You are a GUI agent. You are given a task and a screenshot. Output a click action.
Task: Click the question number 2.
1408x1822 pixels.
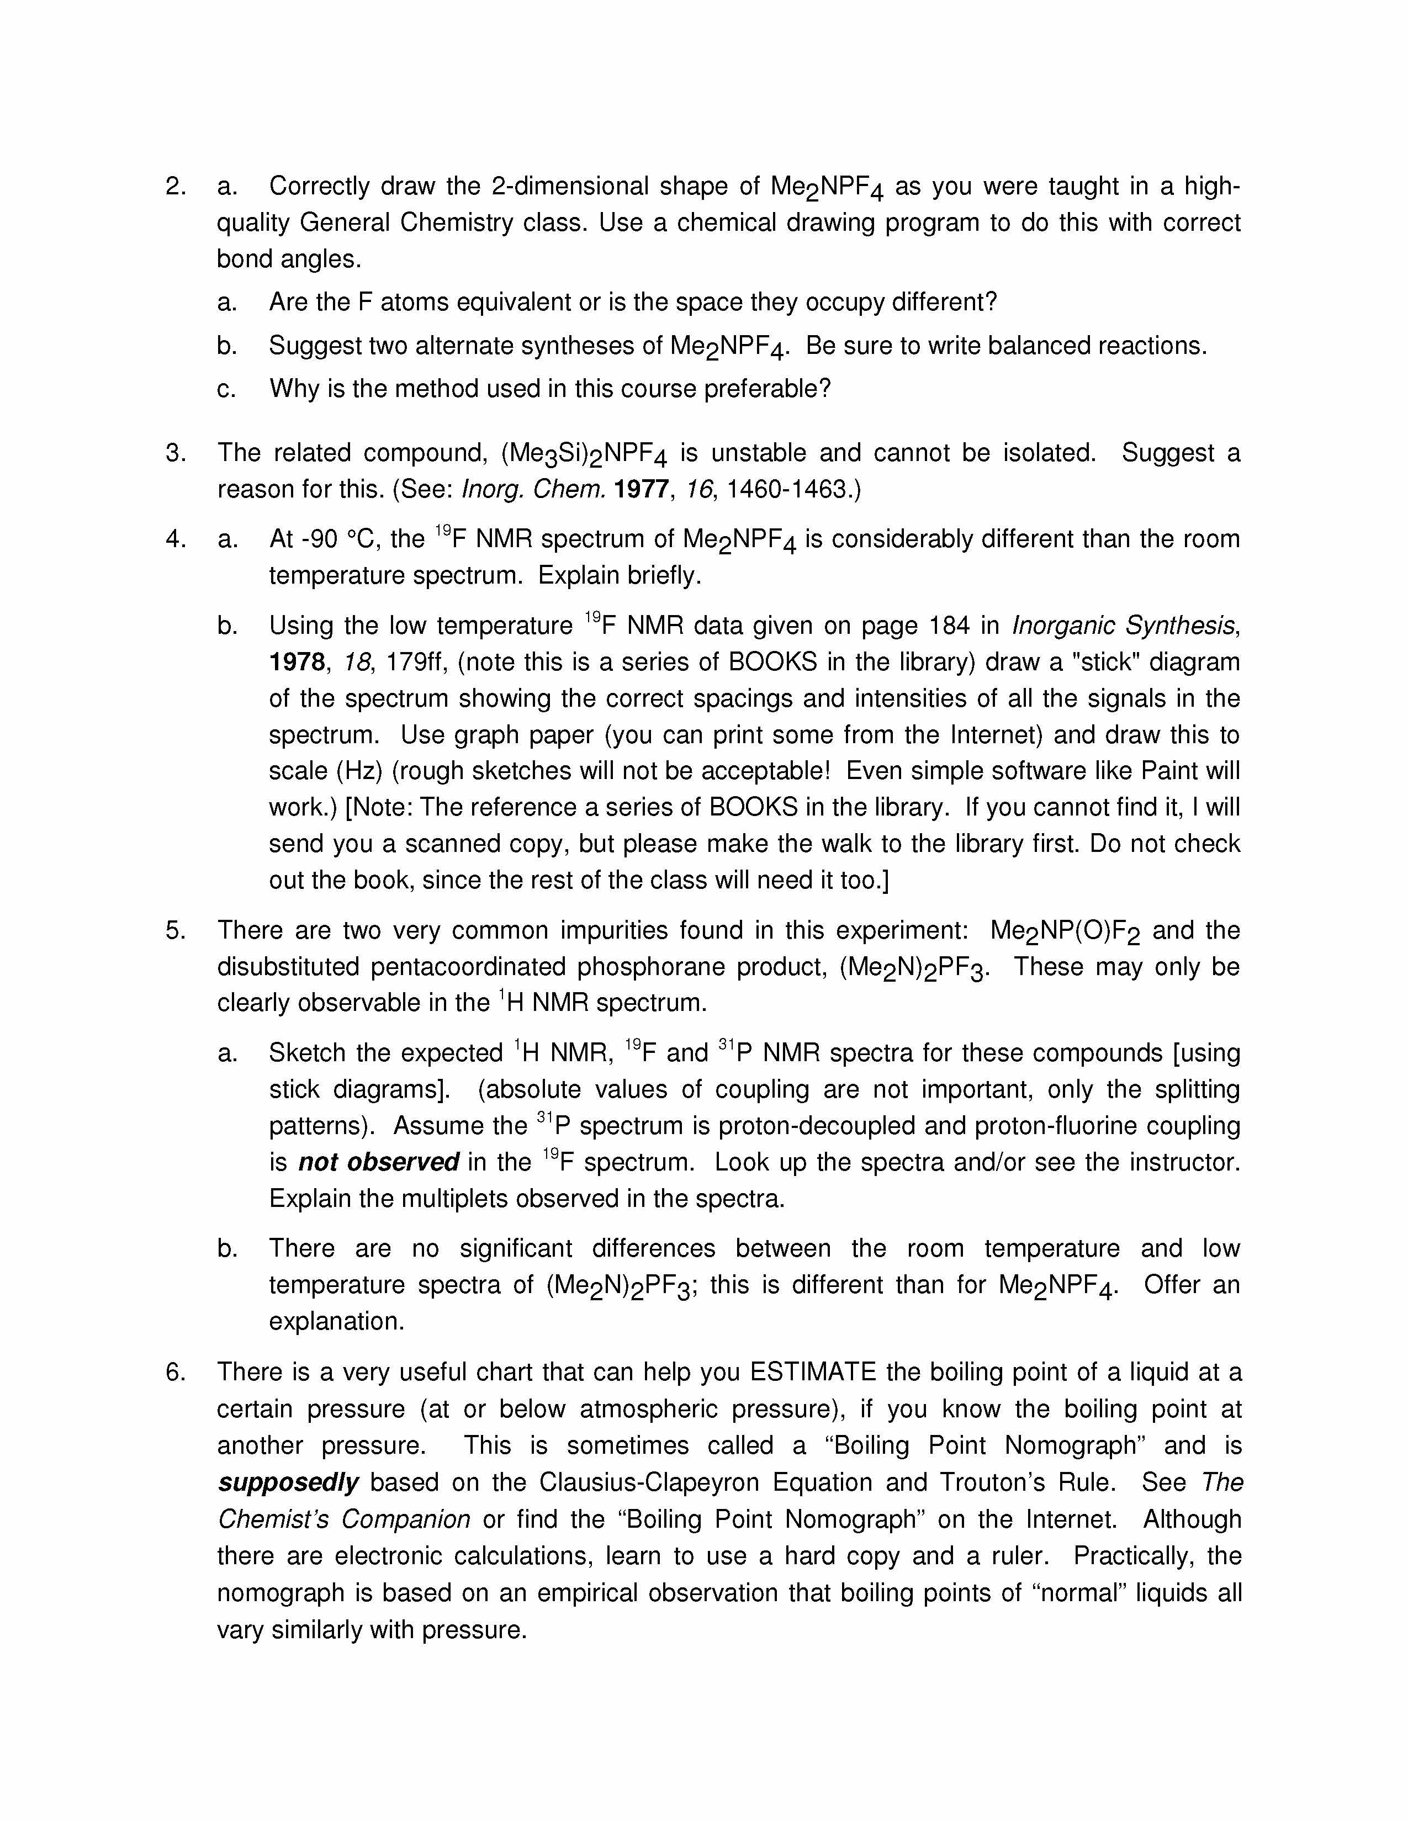click(174, 186)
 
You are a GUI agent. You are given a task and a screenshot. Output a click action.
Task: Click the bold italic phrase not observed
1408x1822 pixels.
click(379, 1162)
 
